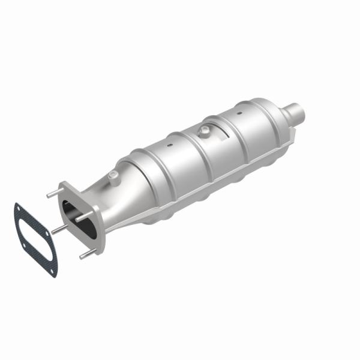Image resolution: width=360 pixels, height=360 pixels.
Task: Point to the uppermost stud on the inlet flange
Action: coord(51,194)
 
